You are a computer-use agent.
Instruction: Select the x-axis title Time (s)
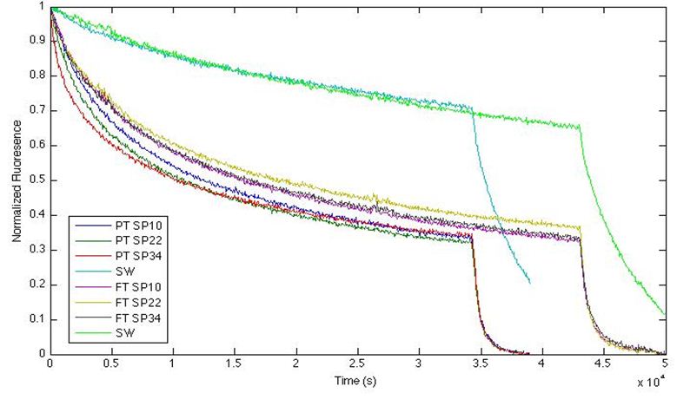coord(357,380)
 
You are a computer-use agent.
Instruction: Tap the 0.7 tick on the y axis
coord(38,110)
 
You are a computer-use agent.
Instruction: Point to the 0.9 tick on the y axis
coord(38,41)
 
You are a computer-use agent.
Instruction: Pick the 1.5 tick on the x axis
coord(235,364)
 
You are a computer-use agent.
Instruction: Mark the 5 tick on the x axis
coord(664,364)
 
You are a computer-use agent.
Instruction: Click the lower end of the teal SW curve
coord(529,282)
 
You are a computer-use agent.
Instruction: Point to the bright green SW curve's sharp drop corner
coord(580,127)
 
